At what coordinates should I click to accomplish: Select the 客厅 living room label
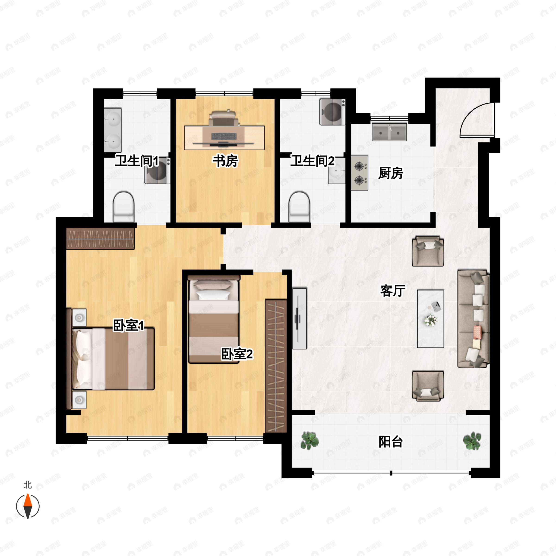pyautogui.click(x=393, y=291)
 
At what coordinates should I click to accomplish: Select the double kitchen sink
pyautogui.click(x=389, y=132)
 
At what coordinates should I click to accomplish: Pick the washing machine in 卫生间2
pyautogui.click(x=332, y=112)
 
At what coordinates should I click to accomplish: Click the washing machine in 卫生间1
pyautogui.click(x=157, y=170)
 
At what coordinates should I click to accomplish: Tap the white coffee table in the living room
pyautogui.click(x=430, y=318)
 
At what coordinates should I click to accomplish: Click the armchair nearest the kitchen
pyautogui.click(x=428, y=251)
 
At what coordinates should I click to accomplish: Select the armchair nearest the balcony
pyautogui.click(x=428, y=386)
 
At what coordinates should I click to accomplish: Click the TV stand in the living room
pyautogui.click(x=299, y=318)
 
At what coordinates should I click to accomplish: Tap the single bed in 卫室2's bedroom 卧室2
pyautogui.click(x=214, y=319)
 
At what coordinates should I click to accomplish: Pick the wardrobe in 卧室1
pyautogui.click(x=101, y=239)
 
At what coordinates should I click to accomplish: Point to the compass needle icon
pyautogui.click(x=28, y=506)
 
